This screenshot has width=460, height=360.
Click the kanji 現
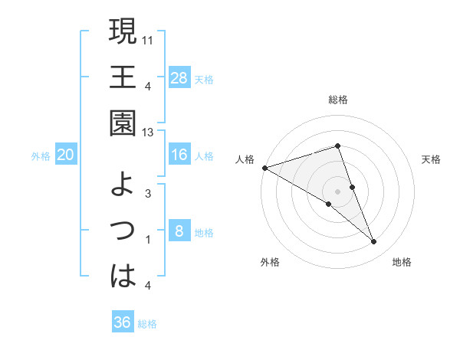(x=123, y=34)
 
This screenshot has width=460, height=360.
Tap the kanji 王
(x=123, y=78)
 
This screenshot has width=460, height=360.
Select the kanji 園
(x=123, y=123)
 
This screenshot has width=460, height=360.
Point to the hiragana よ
(x=123, y=185)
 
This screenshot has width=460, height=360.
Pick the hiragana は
(x=123, y=275)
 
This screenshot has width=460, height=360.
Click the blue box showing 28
(x=179, y=77)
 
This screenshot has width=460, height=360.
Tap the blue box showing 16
(x=179, y=155)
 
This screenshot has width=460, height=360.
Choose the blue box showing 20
(x=66, y=155)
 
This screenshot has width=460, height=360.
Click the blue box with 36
(x=123, y=322)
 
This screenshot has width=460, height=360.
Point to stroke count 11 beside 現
(x=149, y=38)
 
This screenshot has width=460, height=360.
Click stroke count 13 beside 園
(x=149, y=133)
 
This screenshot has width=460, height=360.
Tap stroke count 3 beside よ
(x=147, y=195)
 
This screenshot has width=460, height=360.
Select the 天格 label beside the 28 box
(x=204, y=79)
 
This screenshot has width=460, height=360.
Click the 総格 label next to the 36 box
(x=147, y=324)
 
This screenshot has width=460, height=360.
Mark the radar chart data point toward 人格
(x=264, y=167)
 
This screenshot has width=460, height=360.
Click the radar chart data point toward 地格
(x=374, y=242)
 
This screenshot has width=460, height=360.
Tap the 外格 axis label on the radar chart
(x=270, y=262)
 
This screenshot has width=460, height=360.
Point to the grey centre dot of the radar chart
(x=337, y=190)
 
